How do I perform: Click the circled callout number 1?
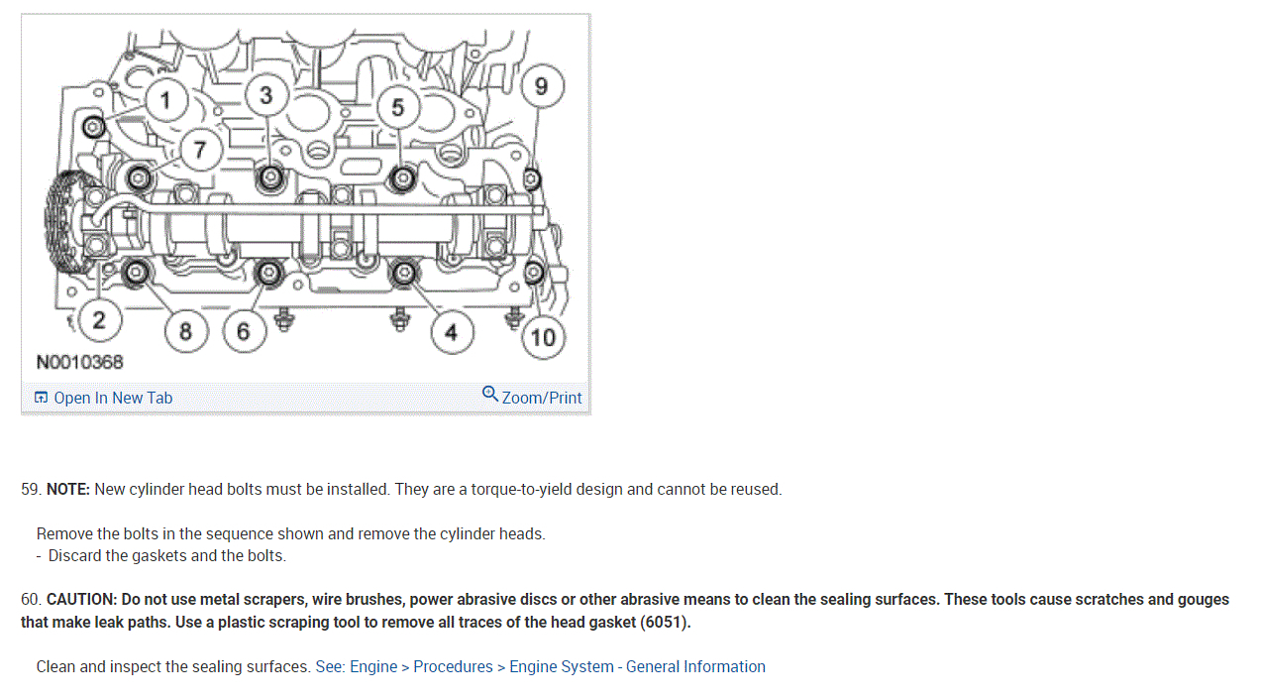click(x=165, y=100)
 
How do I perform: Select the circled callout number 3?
click(x=265, y=95)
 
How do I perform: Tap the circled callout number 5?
click(x=397, y=106)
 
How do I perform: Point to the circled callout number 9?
click(x=541, y=86)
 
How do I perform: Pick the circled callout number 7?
click(x=200, y=150)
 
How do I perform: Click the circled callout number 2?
click(x=98, y=319)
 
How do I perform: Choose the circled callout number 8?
click(x=185, y=330)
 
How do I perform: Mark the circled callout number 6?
click(x=244, y=331)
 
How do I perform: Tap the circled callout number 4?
click(x=451, y=332)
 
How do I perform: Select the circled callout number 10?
click(x=543, y=337)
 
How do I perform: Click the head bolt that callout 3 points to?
click(x=269, y=178)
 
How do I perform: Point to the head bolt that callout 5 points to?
click(x=402, y=178)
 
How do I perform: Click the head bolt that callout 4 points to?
click(x=403, y=273)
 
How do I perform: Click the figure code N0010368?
click(x=80, y=362)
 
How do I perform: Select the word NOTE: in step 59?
click(x=68, y=489)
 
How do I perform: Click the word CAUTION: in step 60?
click(x=82, y=600)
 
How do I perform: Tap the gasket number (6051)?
click(x=665, y=623)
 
